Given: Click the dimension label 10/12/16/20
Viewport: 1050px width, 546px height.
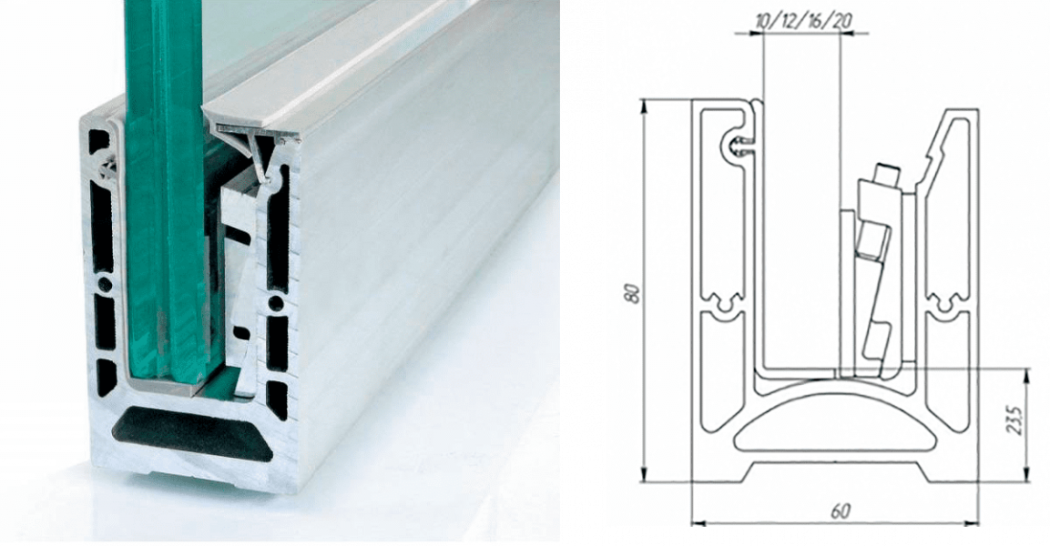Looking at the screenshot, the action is tap(803, 21).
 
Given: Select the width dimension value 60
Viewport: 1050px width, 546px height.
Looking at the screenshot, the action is tap(841, 511).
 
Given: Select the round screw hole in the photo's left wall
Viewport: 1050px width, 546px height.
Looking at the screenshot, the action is tap(106, 284).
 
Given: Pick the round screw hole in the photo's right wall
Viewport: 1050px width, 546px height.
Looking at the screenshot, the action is tap(276, 304).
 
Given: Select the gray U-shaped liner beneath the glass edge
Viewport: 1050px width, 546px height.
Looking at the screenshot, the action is tap(164, 386).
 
